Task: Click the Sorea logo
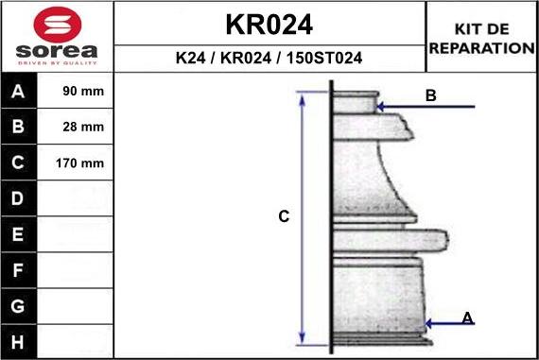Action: [x=56, y=37]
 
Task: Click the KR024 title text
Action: [x=269, y=24]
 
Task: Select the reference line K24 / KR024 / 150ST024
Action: [x=269, y=58]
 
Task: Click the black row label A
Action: [x=19, y=92]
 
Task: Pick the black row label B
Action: [x=19, y=128]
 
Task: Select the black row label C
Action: [x=19, y=163]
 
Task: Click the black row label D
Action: [x=19, y=198]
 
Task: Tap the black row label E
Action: [x=19, y=234]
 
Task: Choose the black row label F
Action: [x=19, y=270]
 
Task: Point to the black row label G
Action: [x=19, y=306]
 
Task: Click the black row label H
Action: [x=19, y=341]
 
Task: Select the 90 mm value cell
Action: [x=79, y=92]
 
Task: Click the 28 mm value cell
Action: [x=79, y=128]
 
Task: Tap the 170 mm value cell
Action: [x=79, y=163]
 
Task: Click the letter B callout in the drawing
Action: [x=430, y=95]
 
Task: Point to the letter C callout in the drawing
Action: [x=283, y=216]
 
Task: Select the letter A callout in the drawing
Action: [x=467, y=318]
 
